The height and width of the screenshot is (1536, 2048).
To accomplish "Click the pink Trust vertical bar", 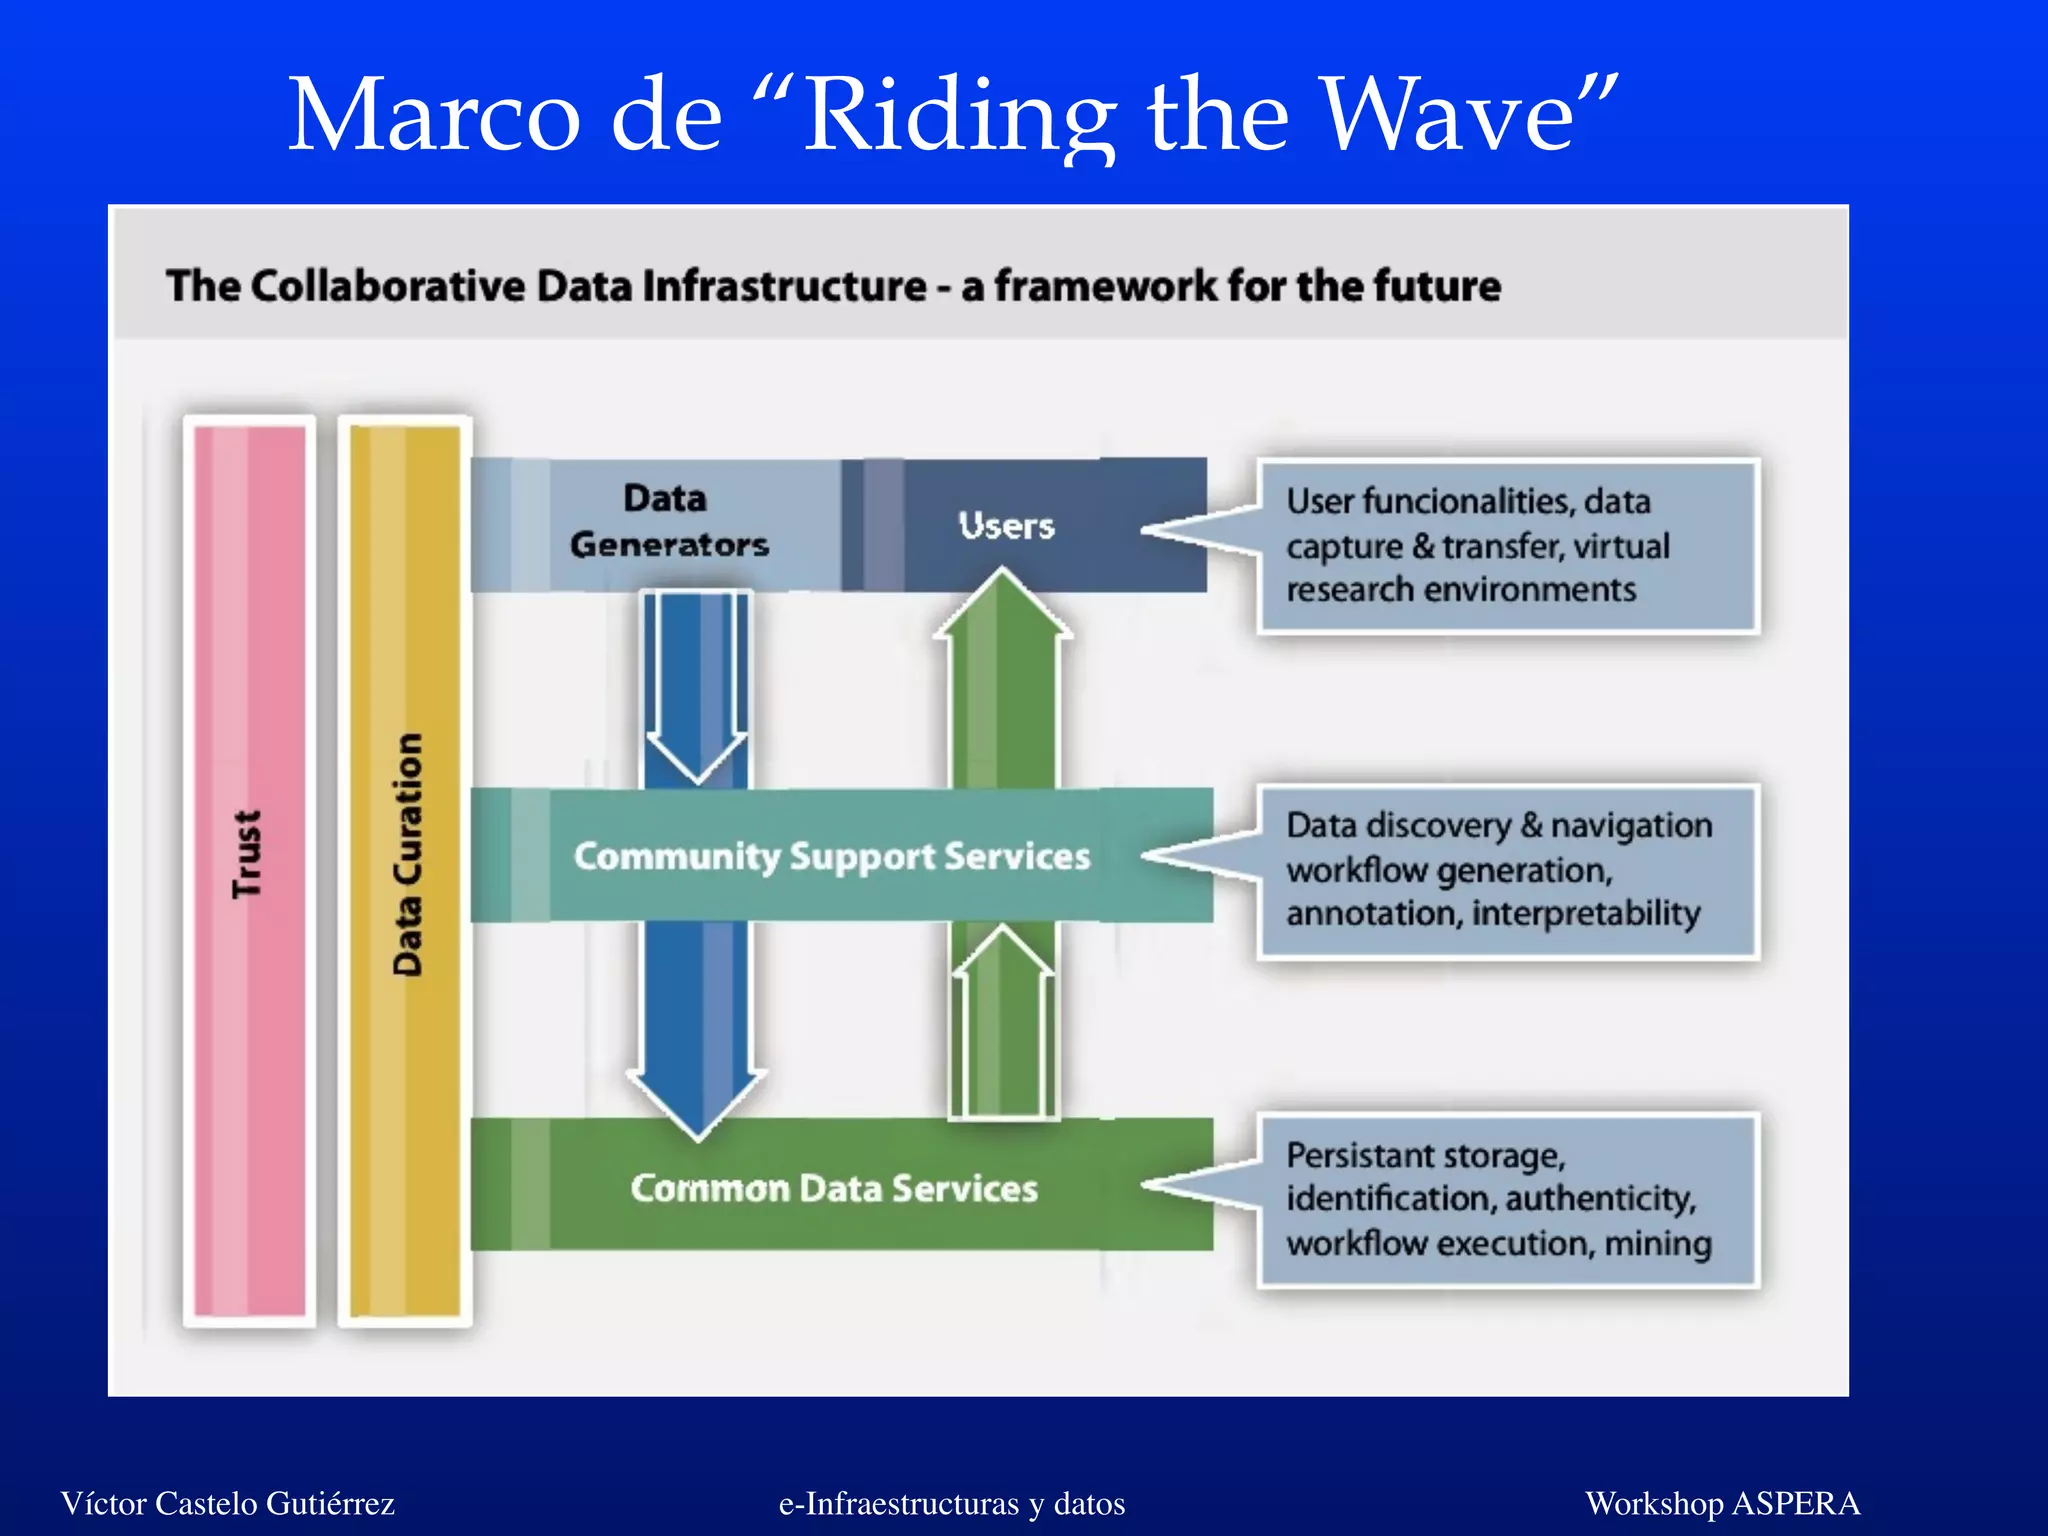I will pos(249,870).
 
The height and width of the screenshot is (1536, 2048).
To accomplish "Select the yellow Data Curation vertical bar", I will pos(405,870).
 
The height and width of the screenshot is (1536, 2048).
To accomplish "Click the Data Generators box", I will pos(667,522).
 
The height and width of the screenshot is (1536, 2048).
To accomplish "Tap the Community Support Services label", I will pos(831,856).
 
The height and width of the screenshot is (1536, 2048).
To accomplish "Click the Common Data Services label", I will pos(833,1188).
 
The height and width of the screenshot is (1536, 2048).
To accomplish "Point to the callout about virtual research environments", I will pos(1507,546).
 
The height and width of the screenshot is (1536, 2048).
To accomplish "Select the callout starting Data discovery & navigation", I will pos(1507,870).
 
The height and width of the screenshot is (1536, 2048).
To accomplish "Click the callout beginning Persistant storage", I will pos(1507,1199).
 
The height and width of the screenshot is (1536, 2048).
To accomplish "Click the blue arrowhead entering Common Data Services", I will pos(698,1100).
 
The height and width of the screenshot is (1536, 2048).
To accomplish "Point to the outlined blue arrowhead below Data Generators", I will pos(696,755).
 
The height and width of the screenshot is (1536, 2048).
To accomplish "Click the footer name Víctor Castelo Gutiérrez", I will pos(227,1503).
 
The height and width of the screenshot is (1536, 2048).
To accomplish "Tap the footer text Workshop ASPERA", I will pos(1722,1503).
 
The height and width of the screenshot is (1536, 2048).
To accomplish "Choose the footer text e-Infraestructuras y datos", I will pos(951,1503).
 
